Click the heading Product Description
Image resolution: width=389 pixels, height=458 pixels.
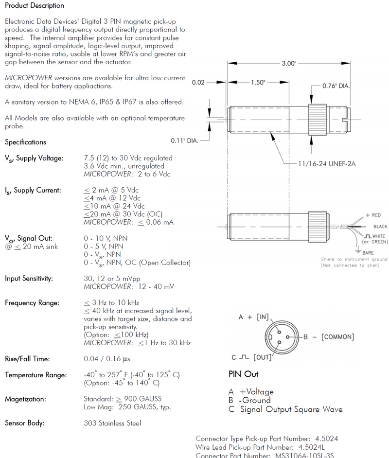tap(35, 6)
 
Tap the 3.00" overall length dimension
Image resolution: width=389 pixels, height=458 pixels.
tap(288, 64)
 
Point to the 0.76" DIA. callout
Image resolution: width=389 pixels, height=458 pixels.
tap(337, 86)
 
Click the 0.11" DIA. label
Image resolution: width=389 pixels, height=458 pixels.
tap(185, 141)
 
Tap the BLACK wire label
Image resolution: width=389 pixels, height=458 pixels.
tap(380, 227)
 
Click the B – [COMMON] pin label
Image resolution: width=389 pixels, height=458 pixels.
tap(328, 336)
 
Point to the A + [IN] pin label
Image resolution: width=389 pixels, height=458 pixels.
tap(254, 317)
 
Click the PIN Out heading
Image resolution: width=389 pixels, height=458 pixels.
tap(243, 374)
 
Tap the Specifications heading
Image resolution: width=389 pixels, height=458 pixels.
tap(25, 142)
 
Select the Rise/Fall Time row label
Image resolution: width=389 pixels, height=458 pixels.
tap(27, 359)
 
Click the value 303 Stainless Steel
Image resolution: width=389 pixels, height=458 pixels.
tap(112, 423)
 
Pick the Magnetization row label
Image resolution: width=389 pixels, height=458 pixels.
tap(25, 399)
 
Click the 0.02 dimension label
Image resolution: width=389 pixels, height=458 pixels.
tap(198, 83)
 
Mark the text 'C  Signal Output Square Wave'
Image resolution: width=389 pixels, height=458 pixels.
tap(285, 409)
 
